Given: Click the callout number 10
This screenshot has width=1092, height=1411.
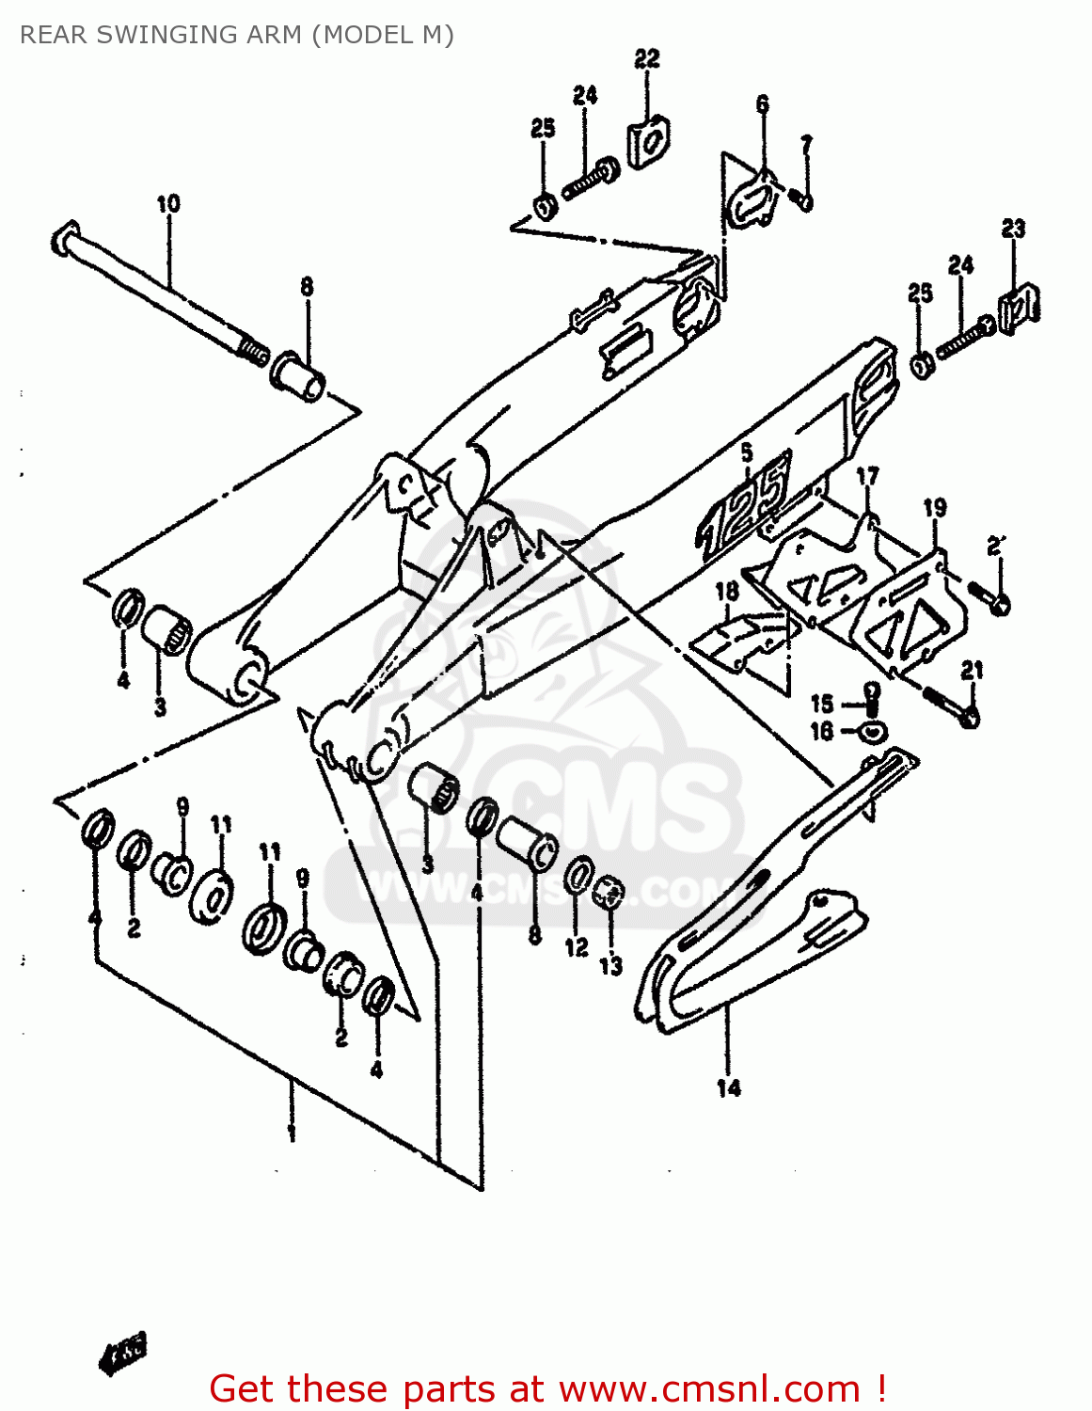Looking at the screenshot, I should coord(168,204).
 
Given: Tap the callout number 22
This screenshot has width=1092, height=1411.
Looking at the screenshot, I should coord(647,58).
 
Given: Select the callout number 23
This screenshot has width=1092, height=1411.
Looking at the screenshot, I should coord(1013,228).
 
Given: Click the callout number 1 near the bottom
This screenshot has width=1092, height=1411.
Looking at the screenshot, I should coord(292,1129).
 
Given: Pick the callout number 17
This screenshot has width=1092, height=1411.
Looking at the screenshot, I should coord(867,476).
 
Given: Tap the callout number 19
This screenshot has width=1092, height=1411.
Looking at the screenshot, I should coord(935,509).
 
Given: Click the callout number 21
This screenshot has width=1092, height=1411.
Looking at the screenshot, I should coord(973,670).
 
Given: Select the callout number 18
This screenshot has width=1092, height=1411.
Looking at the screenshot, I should coord(727,591).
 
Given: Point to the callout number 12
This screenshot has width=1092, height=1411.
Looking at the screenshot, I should coord(577,947).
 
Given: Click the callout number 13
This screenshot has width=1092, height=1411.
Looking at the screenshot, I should coord(611,965).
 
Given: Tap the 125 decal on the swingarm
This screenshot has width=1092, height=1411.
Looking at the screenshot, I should coord(743,508).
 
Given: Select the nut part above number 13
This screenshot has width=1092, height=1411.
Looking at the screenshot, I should coord(609,891).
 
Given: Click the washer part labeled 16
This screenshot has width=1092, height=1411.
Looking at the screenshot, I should coord(874,730).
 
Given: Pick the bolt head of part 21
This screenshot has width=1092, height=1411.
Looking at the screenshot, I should coord(970,718).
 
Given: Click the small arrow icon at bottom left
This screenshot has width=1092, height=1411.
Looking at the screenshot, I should coord(122,1354).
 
